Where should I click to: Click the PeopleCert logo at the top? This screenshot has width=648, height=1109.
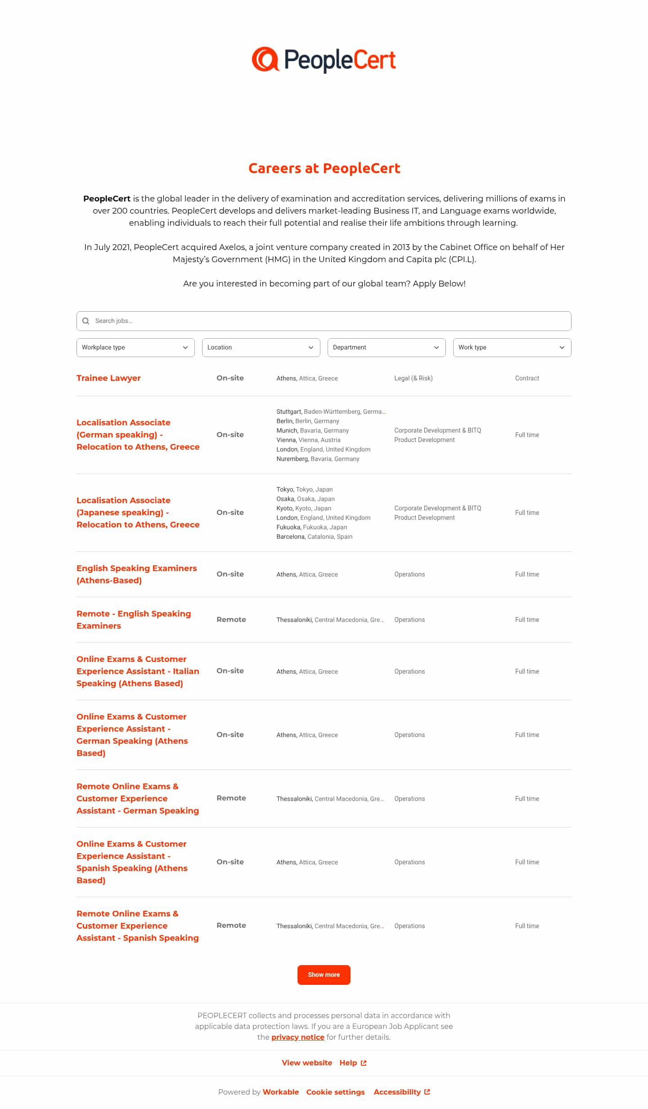(324, 59)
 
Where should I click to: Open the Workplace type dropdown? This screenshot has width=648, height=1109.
(135, 348)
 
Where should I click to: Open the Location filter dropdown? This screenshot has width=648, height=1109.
(261, 348)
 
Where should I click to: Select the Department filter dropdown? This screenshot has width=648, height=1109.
(387, 348)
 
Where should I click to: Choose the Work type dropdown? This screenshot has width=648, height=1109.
(512, 348)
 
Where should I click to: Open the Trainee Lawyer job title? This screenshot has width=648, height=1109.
(108, 378)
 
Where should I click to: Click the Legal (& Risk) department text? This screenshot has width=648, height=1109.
(413, 378)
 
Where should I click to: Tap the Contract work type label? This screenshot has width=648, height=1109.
(527, 378)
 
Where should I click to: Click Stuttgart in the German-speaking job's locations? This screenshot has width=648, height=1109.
(289, 411)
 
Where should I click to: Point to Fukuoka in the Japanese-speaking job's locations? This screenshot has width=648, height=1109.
(288, 527)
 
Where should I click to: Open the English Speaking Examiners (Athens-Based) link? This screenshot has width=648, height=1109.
(136, 574)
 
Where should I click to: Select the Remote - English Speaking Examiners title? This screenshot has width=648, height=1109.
(134, 620)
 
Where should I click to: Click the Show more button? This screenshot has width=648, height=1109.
(324, 975)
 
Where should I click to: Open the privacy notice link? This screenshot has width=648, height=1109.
(297, 1037)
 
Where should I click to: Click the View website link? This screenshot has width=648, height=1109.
(307, 1063)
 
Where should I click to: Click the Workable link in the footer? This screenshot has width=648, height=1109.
(281, 1092)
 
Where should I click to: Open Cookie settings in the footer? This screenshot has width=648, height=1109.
(336, 1092)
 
